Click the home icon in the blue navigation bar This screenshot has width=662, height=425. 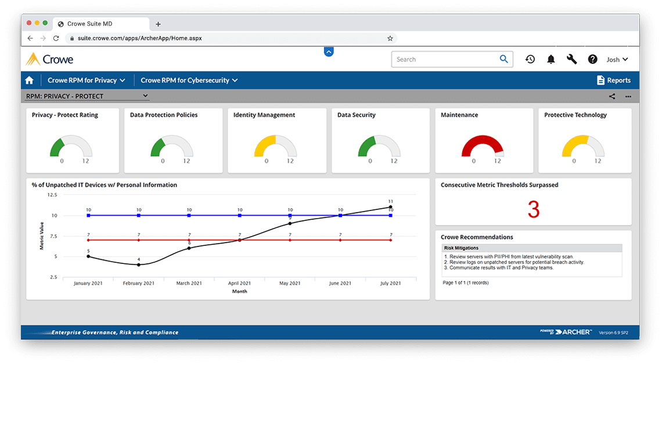pos(30,80)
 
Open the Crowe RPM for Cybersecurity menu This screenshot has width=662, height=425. pos(189,80)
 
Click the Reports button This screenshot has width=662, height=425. pos(613,80)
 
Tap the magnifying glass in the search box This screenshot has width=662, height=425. pos(503,59)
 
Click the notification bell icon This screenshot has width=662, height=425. pos(551,59)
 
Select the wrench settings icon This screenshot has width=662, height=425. pos(572,59)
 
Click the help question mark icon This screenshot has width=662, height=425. pos(592,59)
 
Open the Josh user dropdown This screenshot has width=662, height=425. pos(617,59)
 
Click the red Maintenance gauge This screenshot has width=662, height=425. pos(483,146)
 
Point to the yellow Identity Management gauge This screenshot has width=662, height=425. pos(275,146)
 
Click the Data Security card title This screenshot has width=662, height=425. pos(356,115)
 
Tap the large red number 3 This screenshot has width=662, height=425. pos(533,210)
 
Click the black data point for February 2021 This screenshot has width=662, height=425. pos(139,265)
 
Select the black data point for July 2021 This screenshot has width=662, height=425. pos(390,207)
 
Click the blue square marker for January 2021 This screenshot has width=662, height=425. pos(88,215)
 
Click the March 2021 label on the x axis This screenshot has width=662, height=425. pos(189,283)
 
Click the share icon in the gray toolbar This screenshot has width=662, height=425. pos(612,97)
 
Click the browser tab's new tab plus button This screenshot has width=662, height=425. pos(158,24)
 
